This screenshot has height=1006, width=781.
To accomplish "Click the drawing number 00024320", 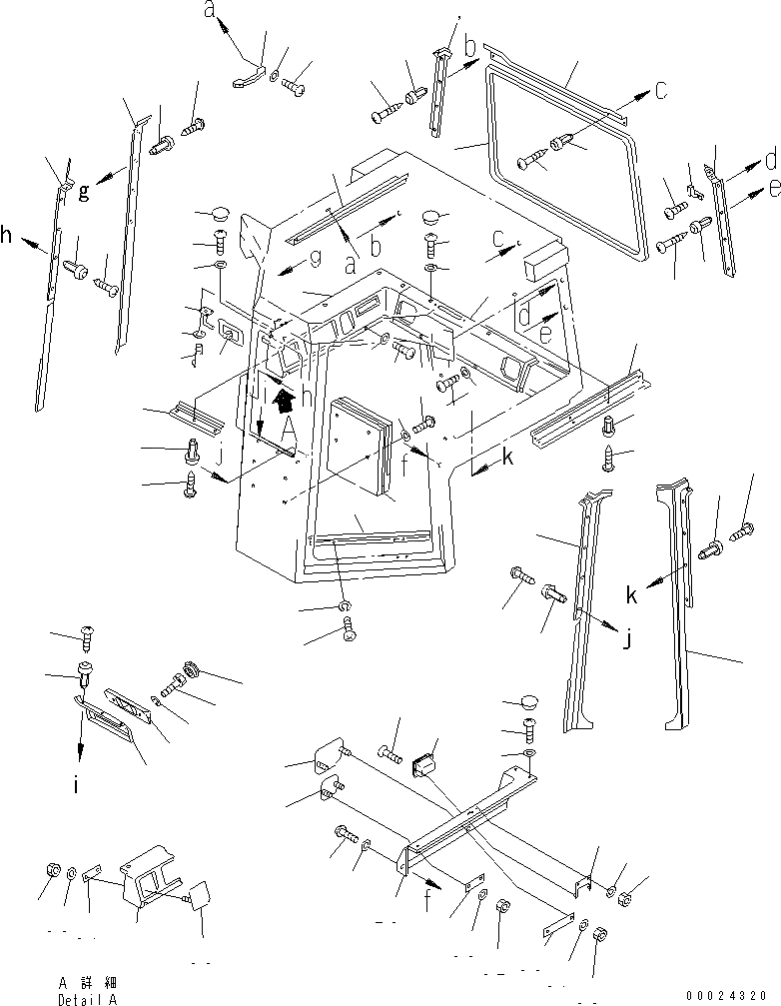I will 729,995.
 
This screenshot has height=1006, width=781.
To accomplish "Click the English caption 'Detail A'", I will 88,998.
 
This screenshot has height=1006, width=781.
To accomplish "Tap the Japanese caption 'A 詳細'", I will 88,983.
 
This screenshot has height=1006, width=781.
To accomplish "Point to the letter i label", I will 76,786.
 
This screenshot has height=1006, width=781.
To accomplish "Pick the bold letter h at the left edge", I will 7,236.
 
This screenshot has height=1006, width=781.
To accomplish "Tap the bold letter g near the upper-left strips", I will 85,190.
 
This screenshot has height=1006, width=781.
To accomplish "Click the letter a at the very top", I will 209,11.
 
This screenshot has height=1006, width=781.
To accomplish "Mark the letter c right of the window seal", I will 661,89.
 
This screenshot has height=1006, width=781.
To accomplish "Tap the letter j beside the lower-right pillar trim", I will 627,640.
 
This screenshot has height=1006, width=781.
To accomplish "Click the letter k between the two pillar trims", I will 630,595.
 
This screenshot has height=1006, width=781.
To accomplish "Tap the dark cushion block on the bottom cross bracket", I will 427,766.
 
